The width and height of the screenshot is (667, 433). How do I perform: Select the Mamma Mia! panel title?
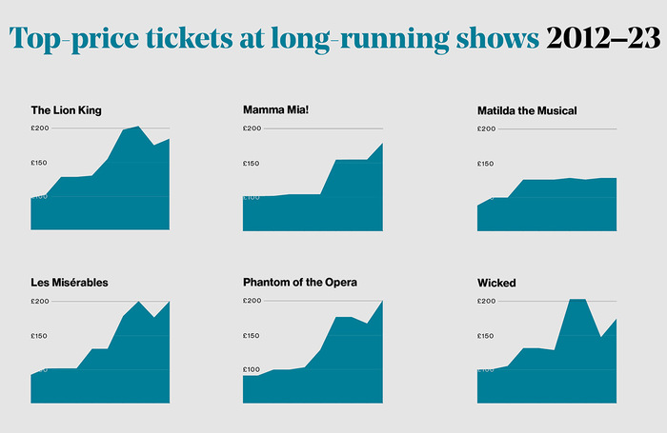click(275, 110)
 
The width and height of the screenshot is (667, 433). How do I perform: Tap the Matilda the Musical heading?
click(527, 110)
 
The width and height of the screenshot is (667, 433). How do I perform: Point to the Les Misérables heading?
click(70, 283)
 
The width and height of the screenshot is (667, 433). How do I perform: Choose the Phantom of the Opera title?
click(300, 283)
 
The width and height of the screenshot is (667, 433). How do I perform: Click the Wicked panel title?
click(495, 283)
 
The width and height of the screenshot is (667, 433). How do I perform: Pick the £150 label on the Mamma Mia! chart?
click(252, 163)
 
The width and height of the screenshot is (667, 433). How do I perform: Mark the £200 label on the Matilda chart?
click(486, 128)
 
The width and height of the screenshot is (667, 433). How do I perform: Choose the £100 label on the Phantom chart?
click(252, 369)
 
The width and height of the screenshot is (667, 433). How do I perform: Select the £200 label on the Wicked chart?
click(486, 301)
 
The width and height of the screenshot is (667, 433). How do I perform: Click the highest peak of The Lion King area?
click(138, 127)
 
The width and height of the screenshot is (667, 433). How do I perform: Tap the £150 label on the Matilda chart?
click(486, 163)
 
